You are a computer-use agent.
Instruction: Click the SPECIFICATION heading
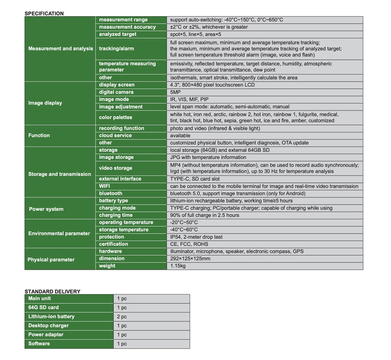tap(44, 13)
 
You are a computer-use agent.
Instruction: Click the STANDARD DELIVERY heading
tap(52, 292)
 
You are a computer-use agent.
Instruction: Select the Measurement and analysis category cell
tap(60, 49)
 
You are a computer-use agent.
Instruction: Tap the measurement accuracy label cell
tap(127, 27)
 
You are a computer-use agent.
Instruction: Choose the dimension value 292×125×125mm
tap(190, 258)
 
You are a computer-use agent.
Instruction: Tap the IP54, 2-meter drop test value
tap(196, 237)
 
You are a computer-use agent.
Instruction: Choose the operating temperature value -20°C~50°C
tap(188, 222)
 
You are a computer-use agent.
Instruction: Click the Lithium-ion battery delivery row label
tap(51, 317)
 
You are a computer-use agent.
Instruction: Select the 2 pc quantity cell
tap(122, 317)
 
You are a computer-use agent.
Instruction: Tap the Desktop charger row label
tap(48, 326)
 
